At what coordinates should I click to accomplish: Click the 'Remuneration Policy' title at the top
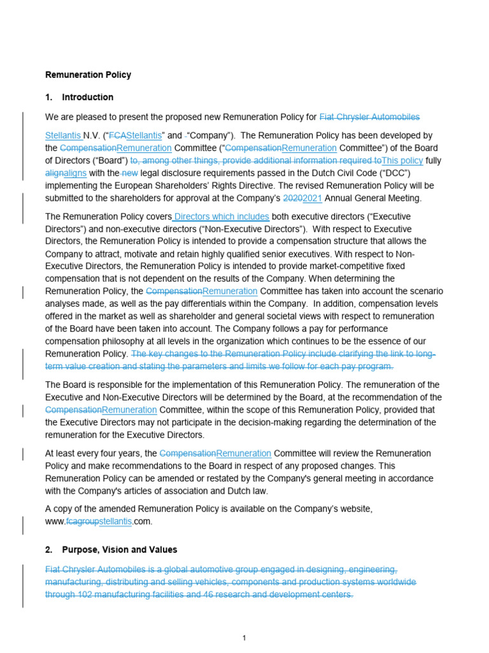88,75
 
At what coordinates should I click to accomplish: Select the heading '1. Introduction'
80,97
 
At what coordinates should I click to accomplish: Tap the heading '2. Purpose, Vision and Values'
111,549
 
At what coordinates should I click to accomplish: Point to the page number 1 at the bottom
244,637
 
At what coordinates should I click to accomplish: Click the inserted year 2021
313,198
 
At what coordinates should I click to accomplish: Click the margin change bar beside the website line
24,525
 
